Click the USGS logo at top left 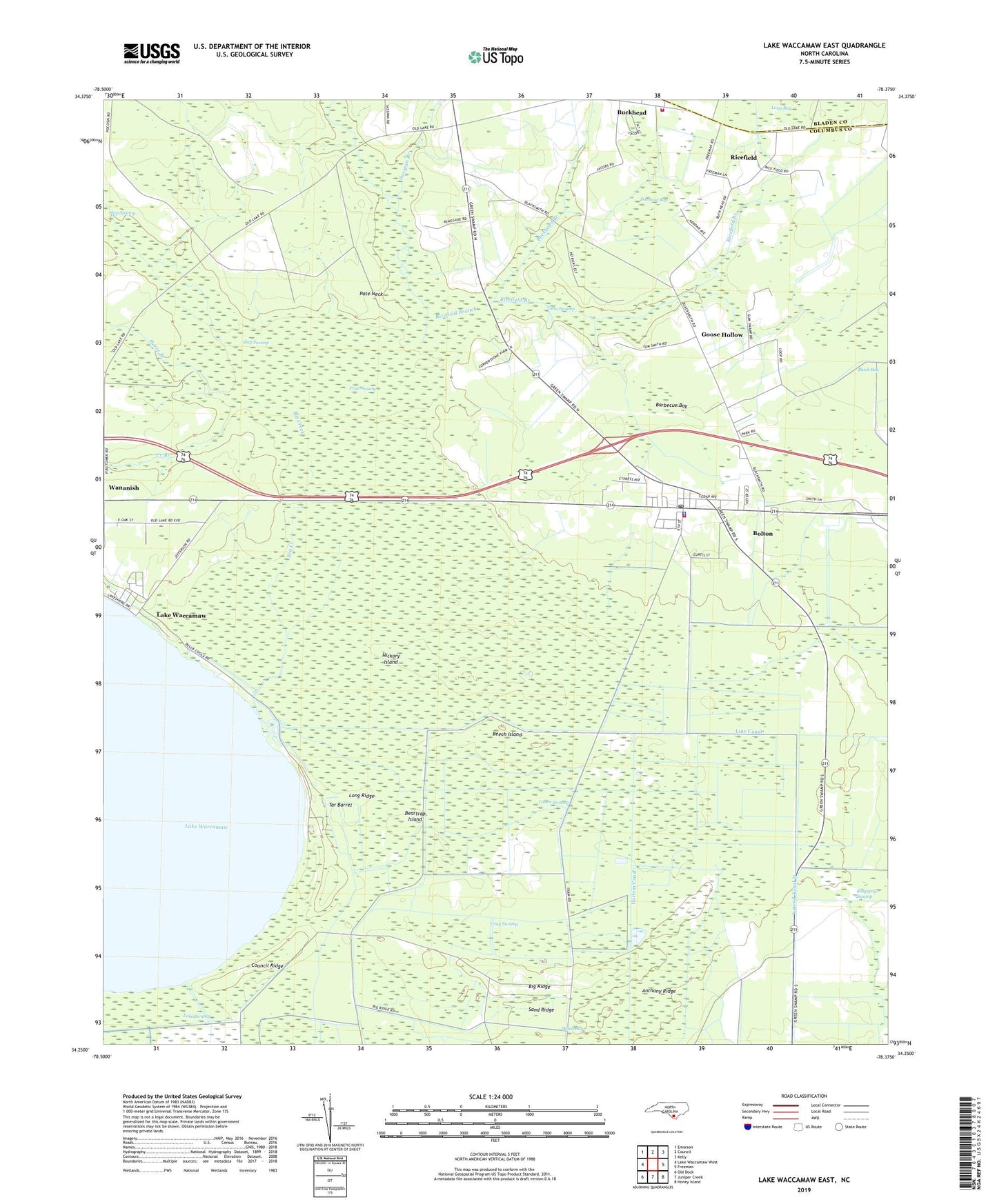(151, 53)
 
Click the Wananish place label (124, 488)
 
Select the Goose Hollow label (722, 334)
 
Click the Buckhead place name (631, 112)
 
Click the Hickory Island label (391, 659)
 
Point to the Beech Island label (506, 734)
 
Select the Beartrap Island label (413, 816)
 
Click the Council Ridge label (267, 966)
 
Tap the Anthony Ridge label (658, 991)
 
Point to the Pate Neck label (371, 294)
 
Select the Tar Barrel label (340, 805)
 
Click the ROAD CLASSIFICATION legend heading (804, 1096)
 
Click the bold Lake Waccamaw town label (181, 615)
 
